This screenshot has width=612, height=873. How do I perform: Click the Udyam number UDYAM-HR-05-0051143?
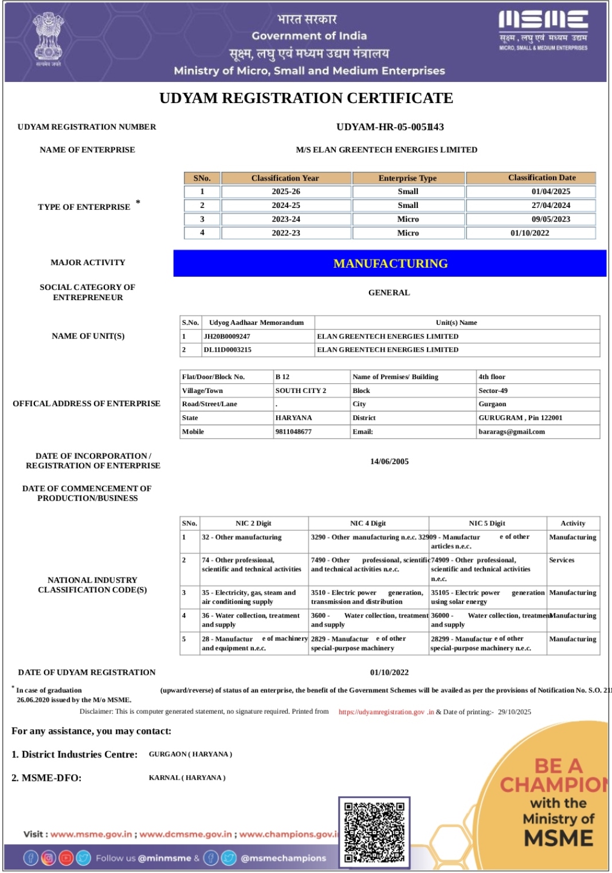point(390,127)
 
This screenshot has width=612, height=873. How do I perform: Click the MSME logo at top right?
point(543,30)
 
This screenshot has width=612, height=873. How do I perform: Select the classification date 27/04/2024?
point(551,205)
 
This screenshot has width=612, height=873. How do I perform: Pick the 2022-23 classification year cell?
point(286,233)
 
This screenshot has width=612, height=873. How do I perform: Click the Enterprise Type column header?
point(407,178)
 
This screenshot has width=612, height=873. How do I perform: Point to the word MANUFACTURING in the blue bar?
point(390,264)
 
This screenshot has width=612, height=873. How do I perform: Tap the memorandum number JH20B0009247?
point(227,336)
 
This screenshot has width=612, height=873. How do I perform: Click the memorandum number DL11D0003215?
point(227,349)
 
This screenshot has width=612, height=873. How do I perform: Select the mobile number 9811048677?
point(293,432)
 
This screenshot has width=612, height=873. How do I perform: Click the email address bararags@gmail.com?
point(512,432)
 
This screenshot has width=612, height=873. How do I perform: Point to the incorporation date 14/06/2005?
point(389,462)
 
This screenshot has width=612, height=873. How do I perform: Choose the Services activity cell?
point(562,560)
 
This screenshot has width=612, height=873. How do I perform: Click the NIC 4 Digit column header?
point(368,524)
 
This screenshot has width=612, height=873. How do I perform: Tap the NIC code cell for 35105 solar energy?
point(487,597)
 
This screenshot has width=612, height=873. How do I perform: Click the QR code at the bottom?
point(374,832)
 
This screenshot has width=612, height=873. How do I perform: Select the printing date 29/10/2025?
point(514,712)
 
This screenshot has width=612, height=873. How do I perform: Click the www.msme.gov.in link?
point(91,835)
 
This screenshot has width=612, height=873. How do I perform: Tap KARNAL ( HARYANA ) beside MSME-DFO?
point(187,778)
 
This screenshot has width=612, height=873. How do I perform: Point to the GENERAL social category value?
point(389,293)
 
